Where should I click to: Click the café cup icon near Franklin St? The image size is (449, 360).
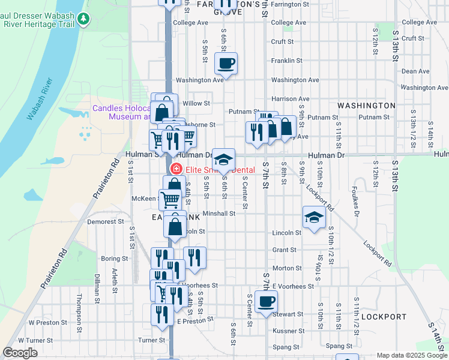pyautogui.click(x=226, y=63)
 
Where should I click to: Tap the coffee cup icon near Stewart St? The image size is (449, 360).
pyautogui.click(x=266, y=302)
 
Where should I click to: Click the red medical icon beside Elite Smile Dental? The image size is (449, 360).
pyautogui.click(x=176, y=170)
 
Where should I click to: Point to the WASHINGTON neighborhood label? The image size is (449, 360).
pyautogui.click(x=366, y=106)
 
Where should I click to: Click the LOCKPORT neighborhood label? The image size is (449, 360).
pyautogui.click(x=384, y=316)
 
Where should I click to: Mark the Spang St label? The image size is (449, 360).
pyautogui.click(x=340, y=346)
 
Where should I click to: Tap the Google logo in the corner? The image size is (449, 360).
pyautogui.click(x=20, y=353)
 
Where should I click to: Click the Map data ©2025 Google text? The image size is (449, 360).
pyautogui.click(x=411, y=355)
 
